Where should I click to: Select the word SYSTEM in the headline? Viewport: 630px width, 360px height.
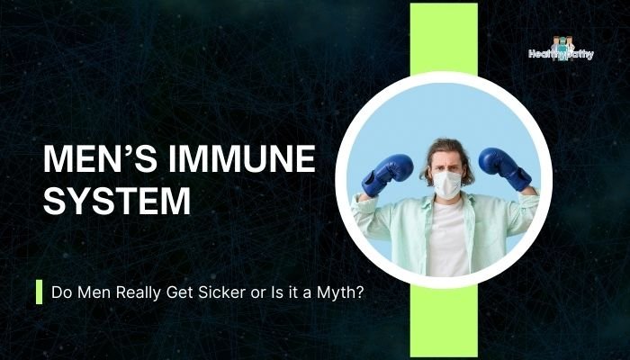pos(118,200)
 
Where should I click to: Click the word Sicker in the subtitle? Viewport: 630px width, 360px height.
pos(224,292)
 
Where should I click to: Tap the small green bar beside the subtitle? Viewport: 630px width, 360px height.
pos(39,292)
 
